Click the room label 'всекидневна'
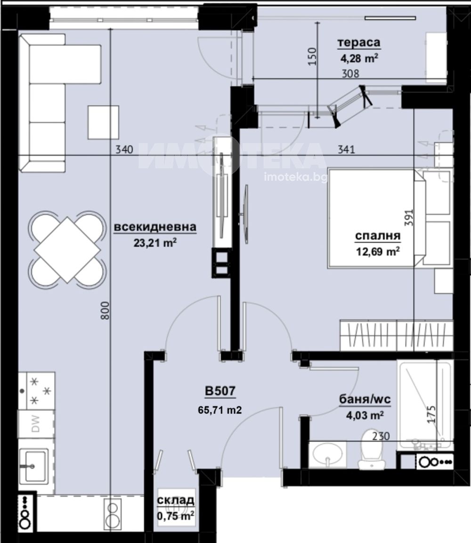[155, 227]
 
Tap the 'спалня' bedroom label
[378, 236]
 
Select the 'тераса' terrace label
[359, 43]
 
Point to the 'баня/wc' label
[365, 399]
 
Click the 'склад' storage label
[176, 500]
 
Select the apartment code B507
[220, 391]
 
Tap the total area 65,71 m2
[220, 410]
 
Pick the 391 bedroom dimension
[409, 218]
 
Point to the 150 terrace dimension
[312, 56]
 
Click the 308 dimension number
[350, 73]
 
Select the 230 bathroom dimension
[381, 436]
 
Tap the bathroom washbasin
[327, 454]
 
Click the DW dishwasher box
[36, 424]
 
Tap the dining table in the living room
[67, 249]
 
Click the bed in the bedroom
[376, 218]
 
